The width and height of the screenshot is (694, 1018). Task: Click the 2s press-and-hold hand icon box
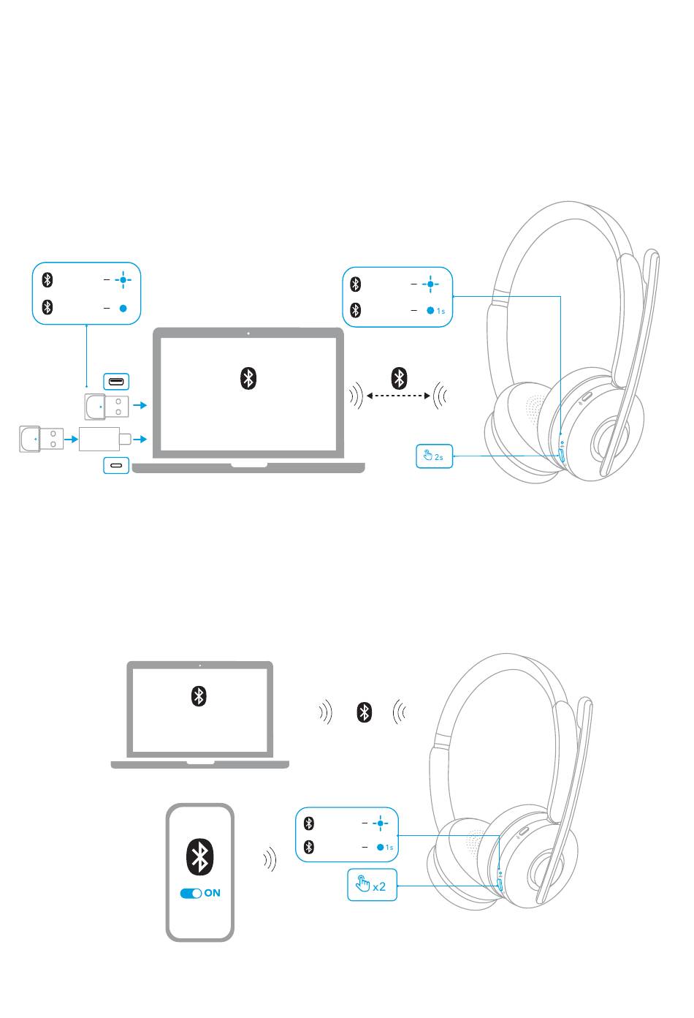coord(434,456)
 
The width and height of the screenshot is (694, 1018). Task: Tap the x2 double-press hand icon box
coord(372,884)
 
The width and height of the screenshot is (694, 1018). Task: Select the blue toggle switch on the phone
coord(191,893)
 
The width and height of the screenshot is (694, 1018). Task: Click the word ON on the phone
coord(212,893)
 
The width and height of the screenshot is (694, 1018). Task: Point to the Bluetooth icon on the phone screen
coord(199,856)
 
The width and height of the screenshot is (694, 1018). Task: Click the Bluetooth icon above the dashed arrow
coord(399,377)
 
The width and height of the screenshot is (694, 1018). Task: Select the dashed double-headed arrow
coord(398,396)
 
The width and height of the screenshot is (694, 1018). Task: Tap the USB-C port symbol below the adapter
coord(116,465)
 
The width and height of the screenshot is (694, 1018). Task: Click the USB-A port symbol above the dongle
coord(116,381)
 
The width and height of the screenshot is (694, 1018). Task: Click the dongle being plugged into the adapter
coord(42,439)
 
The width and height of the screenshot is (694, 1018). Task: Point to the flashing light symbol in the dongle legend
coord(123,279)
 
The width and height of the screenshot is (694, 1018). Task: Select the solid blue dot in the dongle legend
coord(123,308)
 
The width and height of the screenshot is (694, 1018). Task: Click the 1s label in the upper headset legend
coord(441,312)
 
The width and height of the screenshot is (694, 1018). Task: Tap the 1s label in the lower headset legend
coord(389,848)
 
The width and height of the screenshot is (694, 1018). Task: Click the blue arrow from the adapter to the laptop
coord(140,439)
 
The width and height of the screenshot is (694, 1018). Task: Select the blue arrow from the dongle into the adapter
coord(72,439)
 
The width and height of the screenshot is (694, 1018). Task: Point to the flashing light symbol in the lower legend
coord(381,823)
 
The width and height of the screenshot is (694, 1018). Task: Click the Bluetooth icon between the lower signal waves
coord(364,712)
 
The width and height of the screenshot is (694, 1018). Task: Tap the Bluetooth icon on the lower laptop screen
coord(199,695)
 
